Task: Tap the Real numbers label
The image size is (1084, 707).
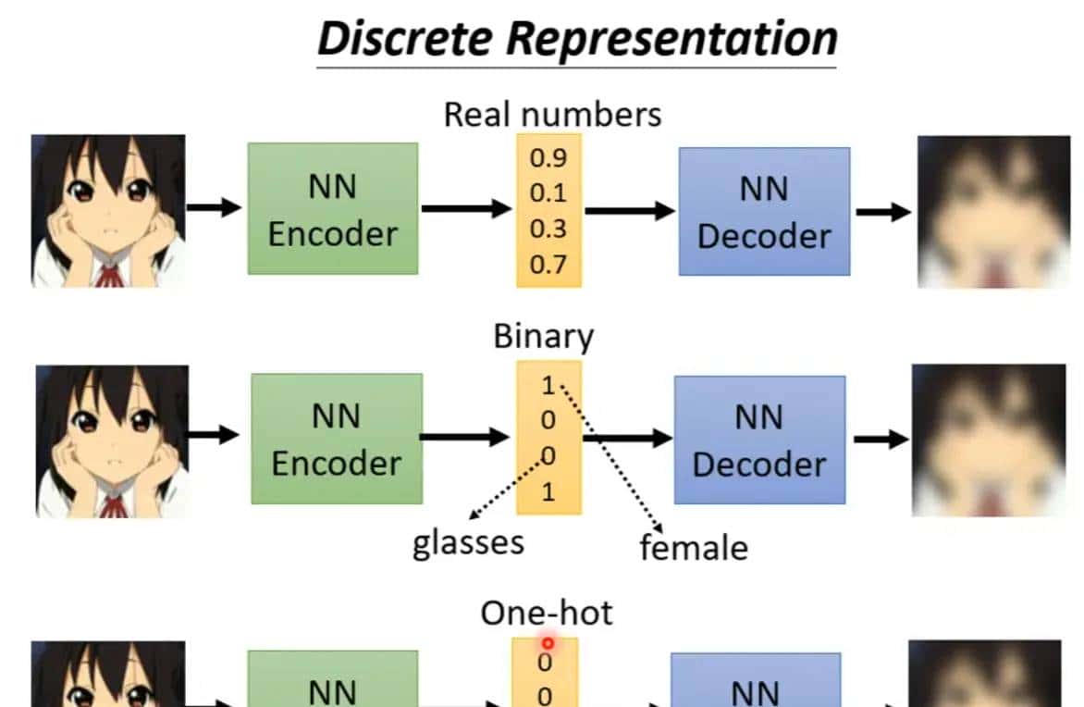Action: (x=552, y=115)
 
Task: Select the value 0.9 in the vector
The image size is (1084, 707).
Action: (x=548, y=157)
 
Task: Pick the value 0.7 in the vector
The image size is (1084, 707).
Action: (x=548, y=266)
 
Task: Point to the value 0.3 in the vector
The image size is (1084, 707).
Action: (x=548, y=229)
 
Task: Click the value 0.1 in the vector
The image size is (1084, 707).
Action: (x=548, y=193)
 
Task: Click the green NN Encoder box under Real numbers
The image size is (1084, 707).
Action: (x=332, y=208)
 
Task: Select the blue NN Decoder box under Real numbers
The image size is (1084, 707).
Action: (x=764, y=212)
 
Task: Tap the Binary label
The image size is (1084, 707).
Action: (x=543, y=335)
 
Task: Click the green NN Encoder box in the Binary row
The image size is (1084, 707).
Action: (x=337, y=439)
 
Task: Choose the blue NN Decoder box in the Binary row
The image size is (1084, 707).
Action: (x=758, y=440)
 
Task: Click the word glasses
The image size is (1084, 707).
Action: (x=468, y=541)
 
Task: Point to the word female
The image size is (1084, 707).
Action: (x=694, y=548)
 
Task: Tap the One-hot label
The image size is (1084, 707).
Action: (x=546, y=613)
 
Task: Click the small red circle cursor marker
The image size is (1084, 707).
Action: (x=548, y=643)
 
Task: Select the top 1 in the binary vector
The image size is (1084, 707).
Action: (x=548, y=385)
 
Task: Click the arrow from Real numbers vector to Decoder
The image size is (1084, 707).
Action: (x=629, y=211)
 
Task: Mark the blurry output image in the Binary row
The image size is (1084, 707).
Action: (x=989, y=440)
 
